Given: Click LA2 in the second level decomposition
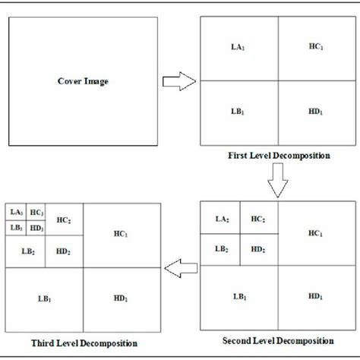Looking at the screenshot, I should [220, 219].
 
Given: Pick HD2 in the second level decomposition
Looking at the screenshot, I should [259, 248].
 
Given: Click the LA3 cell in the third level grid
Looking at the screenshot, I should [16, 213].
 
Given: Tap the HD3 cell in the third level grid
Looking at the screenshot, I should [36, 227].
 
